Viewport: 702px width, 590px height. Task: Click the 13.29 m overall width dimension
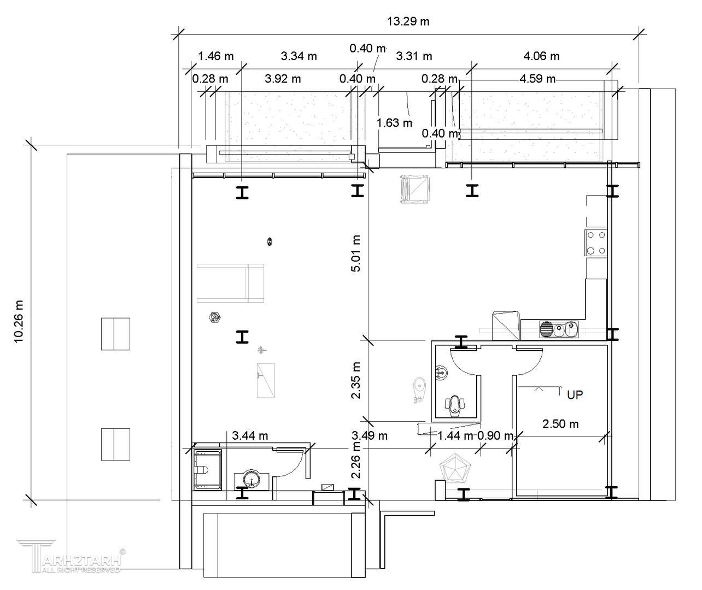click(x=408, y=21)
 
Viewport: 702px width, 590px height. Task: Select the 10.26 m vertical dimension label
click(x=19, y=322)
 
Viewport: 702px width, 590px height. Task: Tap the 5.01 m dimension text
click(x=356, y=253)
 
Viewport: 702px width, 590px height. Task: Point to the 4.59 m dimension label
click(x=537, y=79)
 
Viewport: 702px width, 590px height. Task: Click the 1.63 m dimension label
click(x=394, y=123)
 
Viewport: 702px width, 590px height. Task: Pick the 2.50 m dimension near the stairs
click(x=560, y=424)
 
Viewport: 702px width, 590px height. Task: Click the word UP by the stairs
click(x=575, y=395)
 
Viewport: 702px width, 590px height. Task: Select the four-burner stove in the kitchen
click(x=596, y=243)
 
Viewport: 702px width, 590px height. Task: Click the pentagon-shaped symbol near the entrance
click(x=455, y=468)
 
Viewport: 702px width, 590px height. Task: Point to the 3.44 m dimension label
click(x=250, y=436)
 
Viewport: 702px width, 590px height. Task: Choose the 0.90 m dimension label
click(x=495, y=436)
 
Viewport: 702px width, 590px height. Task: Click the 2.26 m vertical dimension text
click(x=356, y=460)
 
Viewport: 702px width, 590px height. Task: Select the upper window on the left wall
click(x=116, y=334)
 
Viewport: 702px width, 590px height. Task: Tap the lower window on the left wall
click(x=116, y=445)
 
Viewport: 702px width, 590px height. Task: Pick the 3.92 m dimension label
click(x=283, y=79)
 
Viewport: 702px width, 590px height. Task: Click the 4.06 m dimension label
click(x=541, y=56)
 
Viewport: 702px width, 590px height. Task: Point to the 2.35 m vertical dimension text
click(x=356, y=380)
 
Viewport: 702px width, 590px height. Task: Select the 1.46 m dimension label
click(x=215, y=56)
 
